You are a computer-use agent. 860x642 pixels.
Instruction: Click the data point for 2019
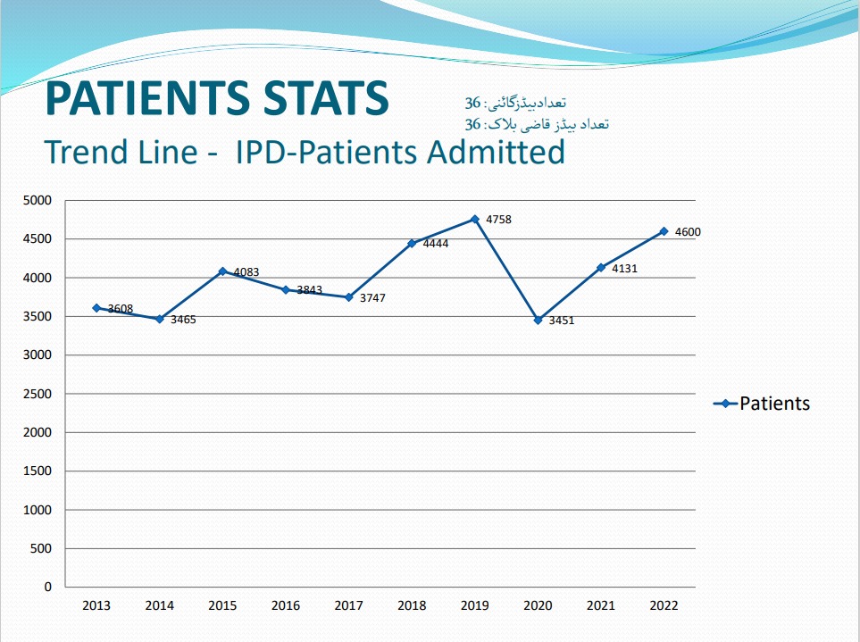(x=475, y=219)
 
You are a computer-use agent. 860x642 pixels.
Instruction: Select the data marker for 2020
(x=538, y=320)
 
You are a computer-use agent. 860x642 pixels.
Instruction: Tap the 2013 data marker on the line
(x=96, y=308)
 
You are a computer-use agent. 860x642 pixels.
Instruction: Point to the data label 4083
(x=246, y=271)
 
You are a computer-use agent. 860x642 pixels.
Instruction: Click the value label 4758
(x=498, y=220)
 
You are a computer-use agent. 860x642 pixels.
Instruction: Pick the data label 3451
(x=562, y=321)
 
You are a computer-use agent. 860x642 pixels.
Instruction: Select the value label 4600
(x=688, y=232)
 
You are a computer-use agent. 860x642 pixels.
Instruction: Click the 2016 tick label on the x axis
(x=286, y=605)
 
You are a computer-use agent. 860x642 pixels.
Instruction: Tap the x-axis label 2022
(x=664, y=605)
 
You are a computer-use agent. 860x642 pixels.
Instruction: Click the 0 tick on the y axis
(x=47, y=588)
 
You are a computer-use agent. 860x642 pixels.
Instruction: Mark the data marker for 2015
(x=222, y=271)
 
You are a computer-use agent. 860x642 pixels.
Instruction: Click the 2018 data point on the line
(x=412, y=243)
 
